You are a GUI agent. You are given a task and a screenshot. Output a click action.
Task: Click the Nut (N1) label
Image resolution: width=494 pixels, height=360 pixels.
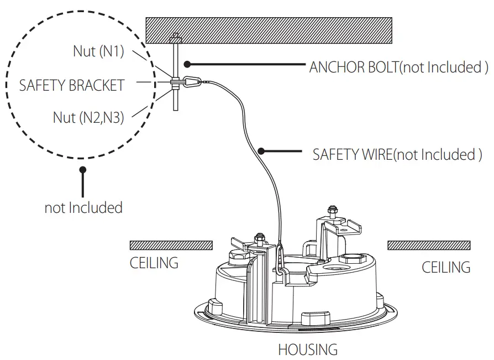(98, 51)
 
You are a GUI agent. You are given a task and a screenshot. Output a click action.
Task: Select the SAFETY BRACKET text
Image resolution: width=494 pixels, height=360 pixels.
(72, 85)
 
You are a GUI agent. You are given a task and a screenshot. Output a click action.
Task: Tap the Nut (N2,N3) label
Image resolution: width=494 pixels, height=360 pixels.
(88, 117)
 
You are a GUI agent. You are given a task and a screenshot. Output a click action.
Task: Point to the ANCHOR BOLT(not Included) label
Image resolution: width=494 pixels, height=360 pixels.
(398, 67)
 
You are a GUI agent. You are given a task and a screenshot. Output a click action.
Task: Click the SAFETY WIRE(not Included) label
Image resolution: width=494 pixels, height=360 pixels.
(397, 154)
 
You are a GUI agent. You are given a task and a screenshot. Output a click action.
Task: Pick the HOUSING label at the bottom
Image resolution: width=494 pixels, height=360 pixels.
(307, 349)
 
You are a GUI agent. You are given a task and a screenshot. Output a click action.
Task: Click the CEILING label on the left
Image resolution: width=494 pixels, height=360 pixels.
(154, 263)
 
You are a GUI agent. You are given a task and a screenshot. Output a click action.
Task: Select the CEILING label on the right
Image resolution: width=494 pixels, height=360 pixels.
(446, 267)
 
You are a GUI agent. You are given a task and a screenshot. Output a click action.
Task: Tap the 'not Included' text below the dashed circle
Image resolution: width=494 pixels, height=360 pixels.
(83, 208)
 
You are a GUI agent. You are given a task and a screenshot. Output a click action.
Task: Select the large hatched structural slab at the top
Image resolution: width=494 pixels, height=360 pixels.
(269, 32)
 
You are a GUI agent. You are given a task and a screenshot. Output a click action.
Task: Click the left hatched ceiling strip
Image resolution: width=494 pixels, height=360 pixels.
(171, 245)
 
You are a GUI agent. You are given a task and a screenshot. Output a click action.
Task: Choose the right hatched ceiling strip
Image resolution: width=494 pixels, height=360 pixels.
(429, 245)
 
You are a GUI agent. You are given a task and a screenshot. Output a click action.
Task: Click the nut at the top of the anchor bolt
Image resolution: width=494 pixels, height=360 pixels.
(175, 39)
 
